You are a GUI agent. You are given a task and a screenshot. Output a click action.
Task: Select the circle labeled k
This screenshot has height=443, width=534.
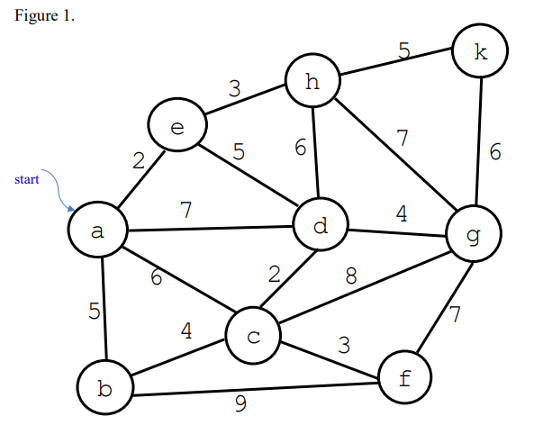[481, 51]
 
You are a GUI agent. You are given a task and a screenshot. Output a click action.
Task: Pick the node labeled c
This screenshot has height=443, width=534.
[253, 337]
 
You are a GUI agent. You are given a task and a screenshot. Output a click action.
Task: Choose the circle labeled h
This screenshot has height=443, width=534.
[312, 83]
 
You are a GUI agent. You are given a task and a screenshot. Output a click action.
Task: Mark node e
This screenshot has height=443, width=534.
[176, 127]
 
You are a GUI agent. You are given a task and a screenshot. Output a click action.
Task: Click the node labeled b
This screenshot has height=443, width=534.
[104, 389]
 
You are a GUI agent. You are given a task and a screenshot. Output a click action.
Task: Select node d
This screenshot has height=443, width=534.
[321, 226]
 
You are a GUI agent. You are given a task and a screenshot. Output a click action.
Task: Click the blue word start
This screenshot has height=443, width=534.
[27, 180]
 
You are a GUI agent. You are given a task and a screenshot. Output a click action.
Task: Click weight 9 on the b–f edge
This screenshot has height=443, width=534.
[240, 403]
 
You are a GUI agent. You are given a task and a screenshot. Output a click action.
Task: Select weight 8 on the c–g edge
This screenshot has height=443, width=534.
[352, 276]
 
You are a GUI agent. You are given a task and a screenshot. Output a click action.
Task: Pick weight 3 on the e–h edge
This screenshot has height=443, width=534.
[235, 88]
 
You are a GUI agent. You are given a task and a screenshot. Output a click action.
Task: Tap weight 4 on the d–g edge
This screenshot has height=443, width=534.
[402, 214]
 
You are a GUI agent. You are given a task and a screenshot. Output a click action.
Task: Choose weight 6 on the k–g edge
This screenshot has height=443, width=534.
[495, 152]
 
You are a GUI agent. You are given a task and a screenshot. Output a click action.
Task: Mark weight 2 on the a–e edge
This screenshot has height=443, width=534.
[139, 160]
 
